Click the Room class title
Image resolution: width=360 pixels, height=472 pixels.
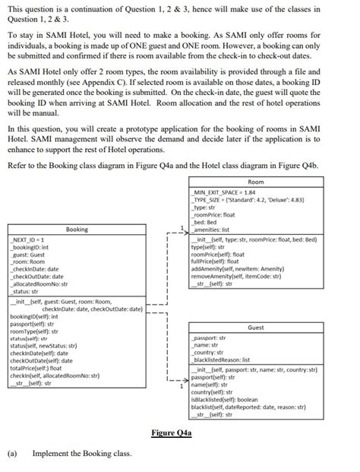coord(256,182)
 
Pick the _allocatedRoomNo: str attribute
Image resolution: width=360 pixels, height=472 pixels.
coord(39,282)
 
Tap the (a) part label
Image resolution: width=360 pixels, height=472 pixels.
coord(12,454)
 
